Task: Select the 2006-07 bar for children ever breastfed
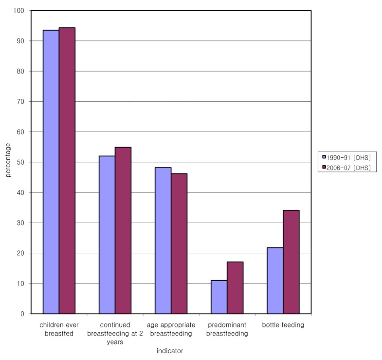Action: point(67,171)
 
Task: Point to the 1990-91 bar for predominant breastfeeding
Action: point(219,297)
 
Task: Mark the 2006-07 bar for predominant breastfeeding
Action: point(235,287)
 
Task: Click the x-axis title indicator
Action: point(170,350)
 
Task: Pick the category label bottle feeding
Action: point(283,325)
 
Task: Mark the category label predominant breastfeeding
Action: point(227,329)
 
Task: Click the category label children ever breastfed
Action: point(59,329)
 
